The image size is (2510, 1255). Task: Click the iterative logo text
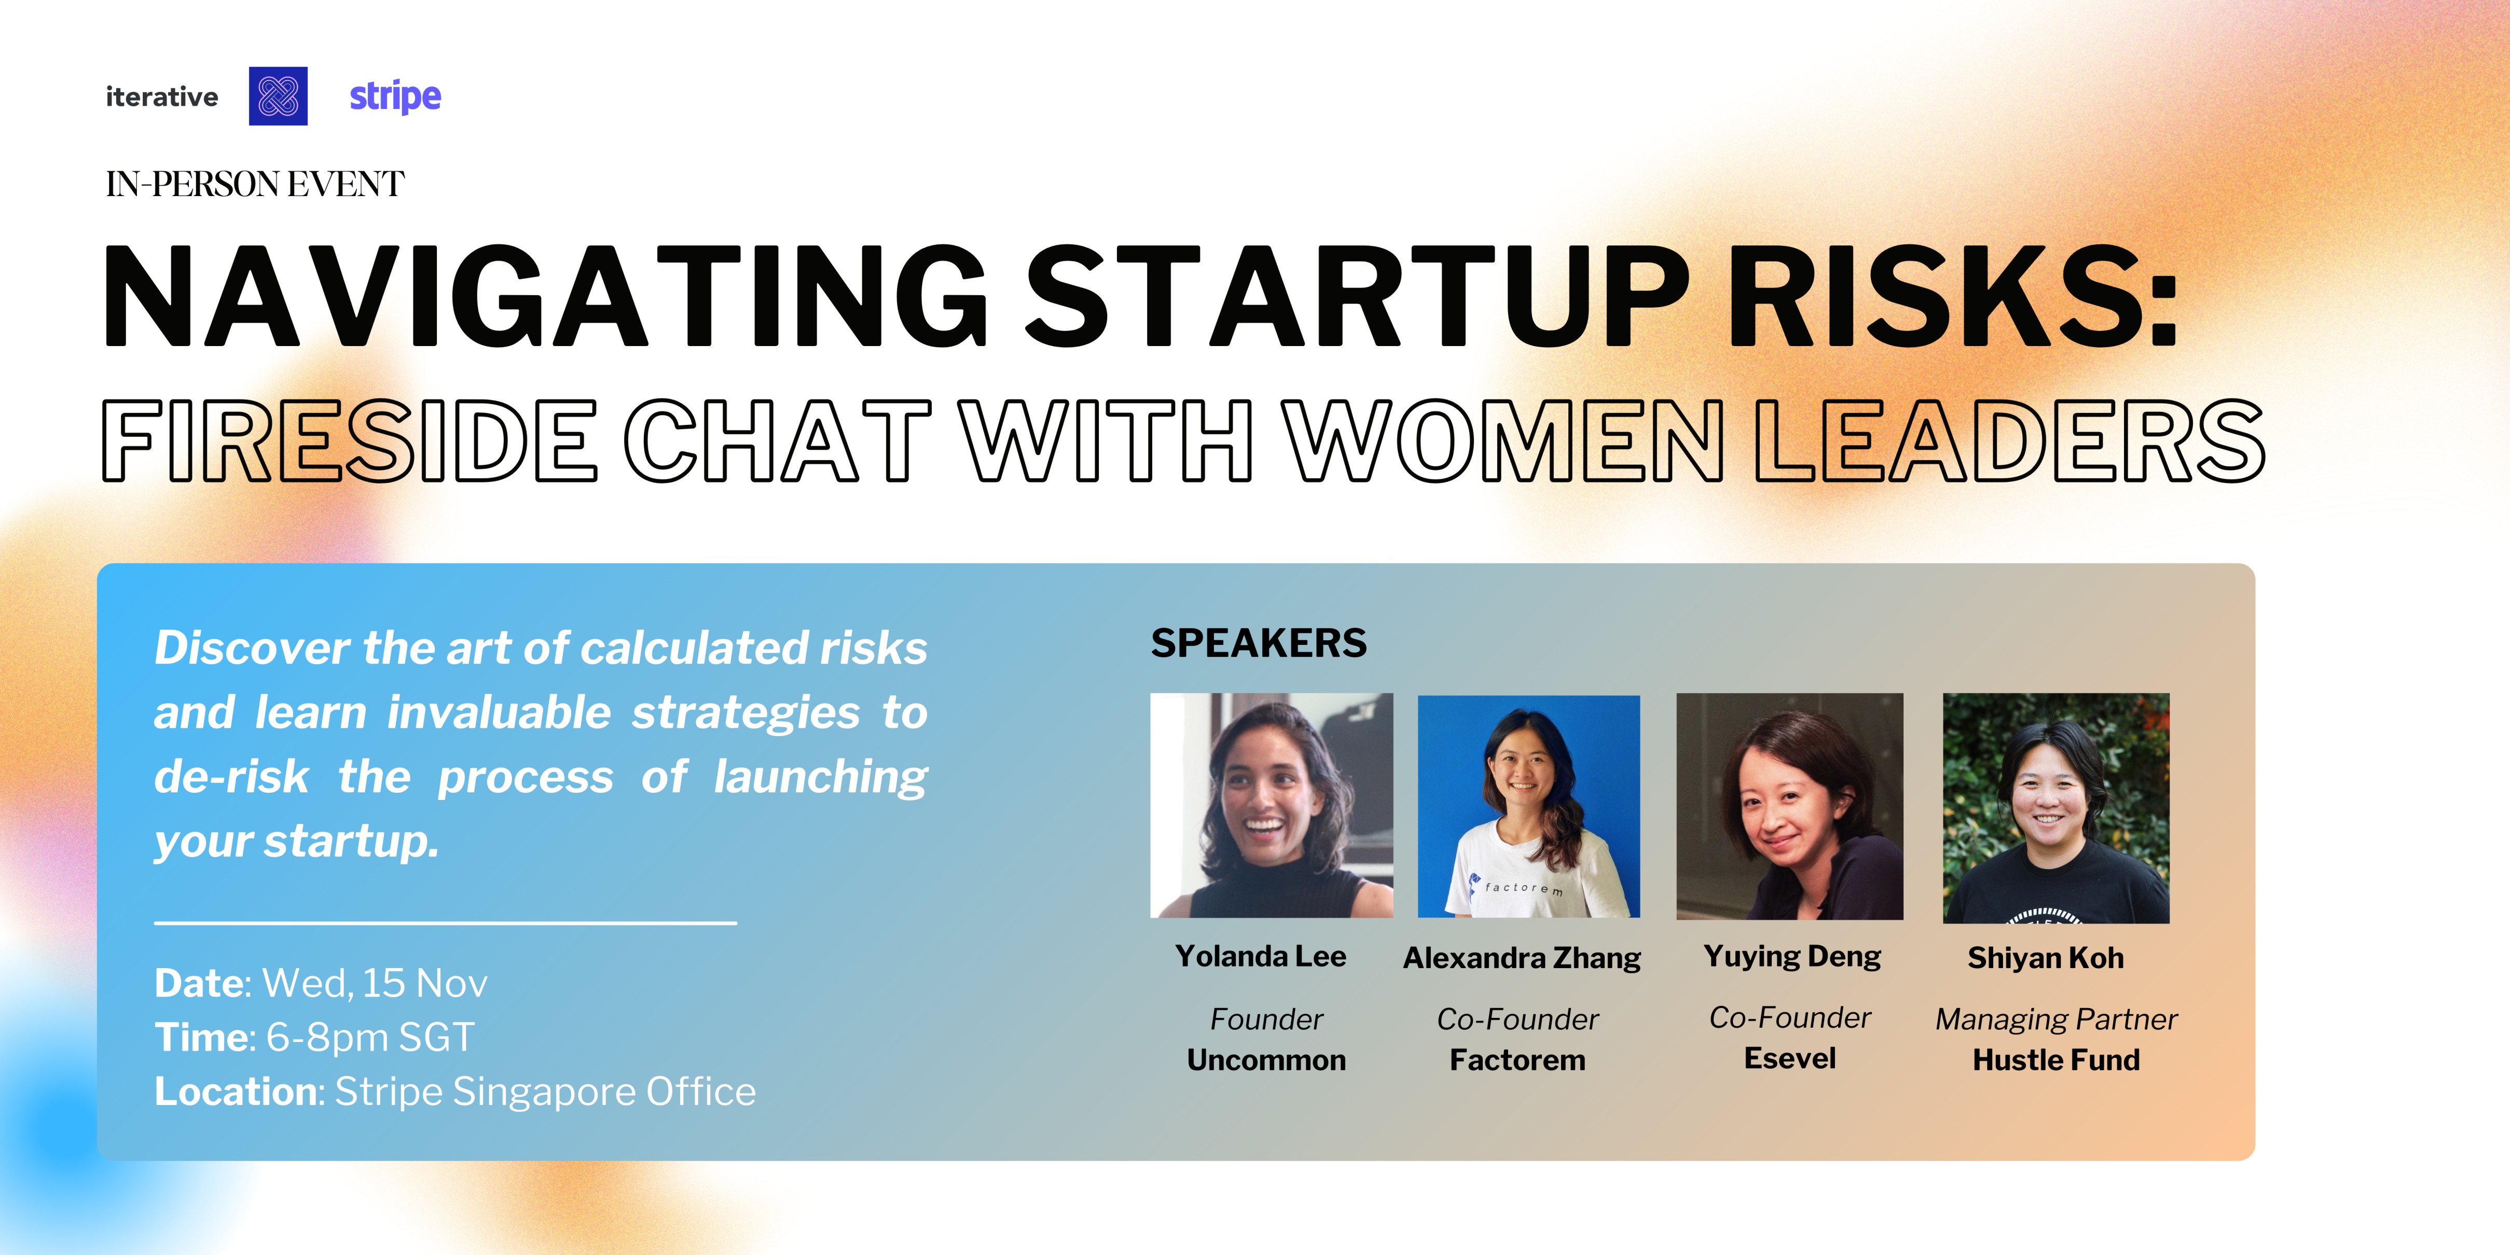[162, 96]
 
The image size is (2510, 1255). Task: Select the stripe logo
[395, 96]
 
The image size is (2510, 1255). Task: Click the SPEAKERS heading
[1259, 643]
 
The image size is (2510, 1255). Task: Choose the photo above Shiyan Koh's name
[2056, 808]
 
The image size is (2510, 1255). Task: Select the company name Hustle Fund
[2056, 1060]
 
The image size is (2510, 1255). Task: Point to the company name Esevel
[1790, 1058]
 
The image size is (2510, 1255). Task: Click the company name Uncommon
[1267, 1060]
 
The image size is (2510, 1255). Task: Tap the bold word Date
[202, 983]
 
